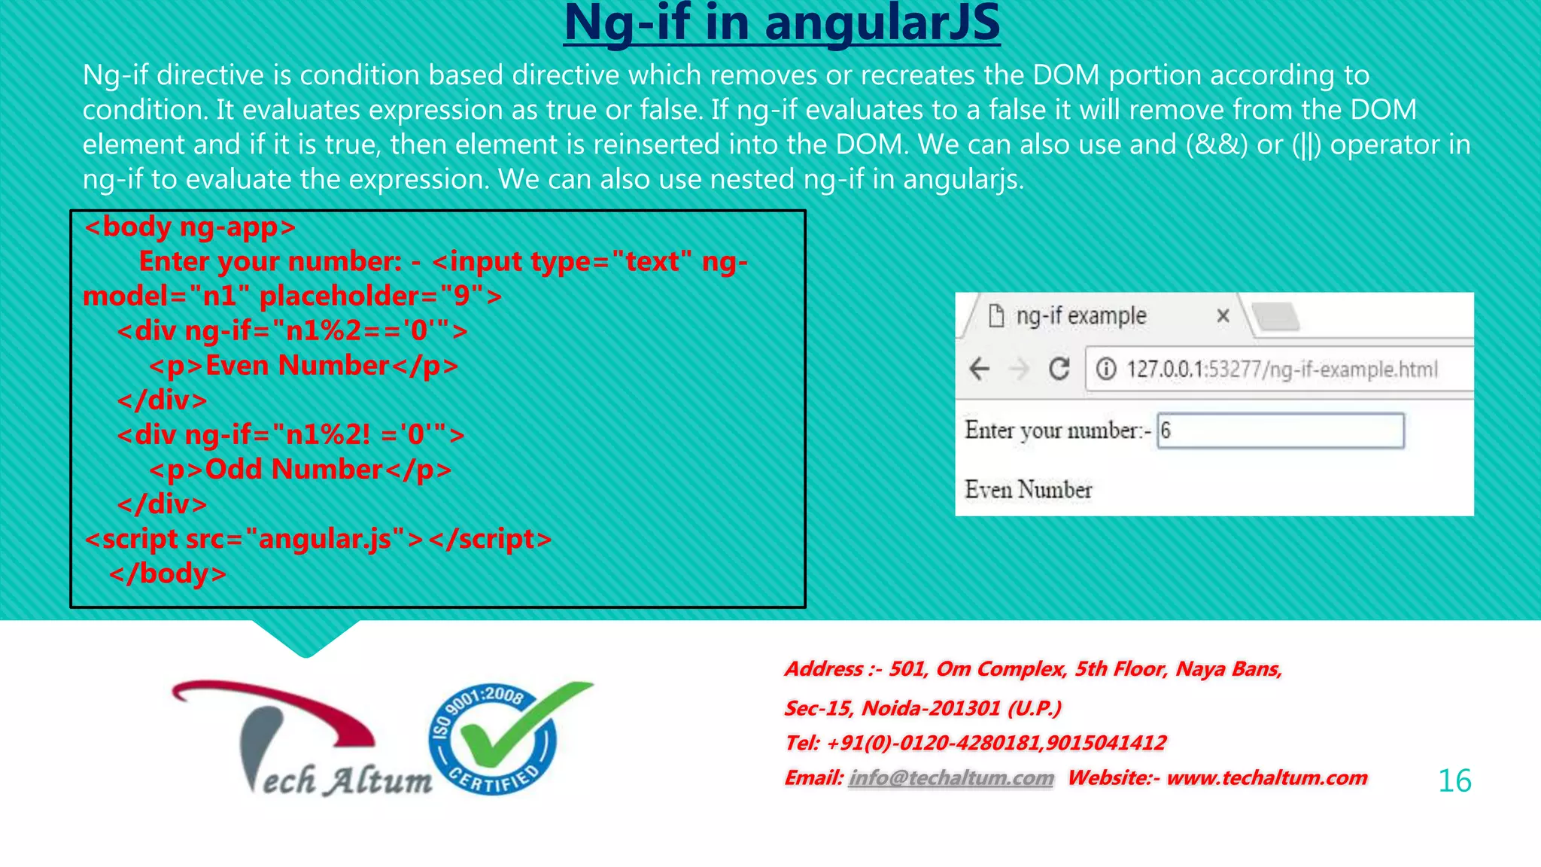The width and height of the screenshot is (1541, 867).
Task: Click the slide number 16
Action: click(1454, 780)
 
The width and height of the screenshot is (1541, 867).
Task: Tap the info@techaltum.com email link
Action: click(950, 777)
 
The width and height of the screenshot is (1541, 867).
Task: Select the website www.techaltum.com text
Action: click(1266, 777)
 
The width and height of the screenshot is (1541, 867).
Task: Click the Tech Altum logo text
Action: click(346, 780)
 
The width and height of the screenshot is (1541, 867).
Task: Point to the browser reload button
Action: click(1059, 369)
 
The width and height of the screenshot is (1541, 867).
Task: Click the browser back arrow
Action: click(979, 369)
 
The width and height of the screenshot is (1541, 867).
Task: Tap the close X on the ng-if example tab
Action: click(1223, 316)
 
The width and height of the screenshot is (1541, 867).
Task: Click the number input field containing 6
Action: click(1279, 431)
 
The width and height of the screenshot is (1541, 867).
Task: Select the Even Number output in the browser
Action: click(1028, 490)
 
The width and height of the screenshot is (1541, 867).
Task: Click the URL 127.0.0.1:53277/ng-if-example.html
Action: click(1281, 370)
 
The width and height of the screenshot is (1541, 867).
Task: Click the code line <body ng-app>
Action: click(190, 227)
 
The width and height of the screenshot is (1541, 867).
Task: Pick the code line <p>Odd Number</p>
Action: click(299, 470)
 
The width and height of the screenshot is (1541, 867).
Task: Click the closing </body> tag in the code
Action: click(167, 573)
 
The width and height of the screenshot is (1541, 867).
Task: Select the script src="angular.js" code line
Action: click(318, 539)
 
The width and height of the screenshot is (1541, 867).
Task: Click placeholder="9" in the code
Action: click(380, 296)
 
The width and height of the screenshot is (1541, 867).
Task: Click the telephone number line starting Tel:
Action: click(975, 743)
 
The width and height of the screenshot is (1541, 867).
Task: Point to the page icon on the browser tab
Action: click(995, 316)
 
